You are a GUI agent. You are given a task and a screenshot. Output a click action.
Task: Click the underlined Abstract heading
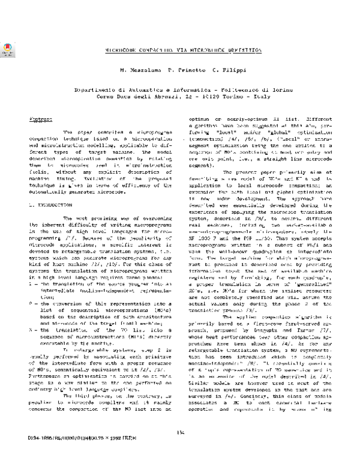(x=40, y=120)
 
